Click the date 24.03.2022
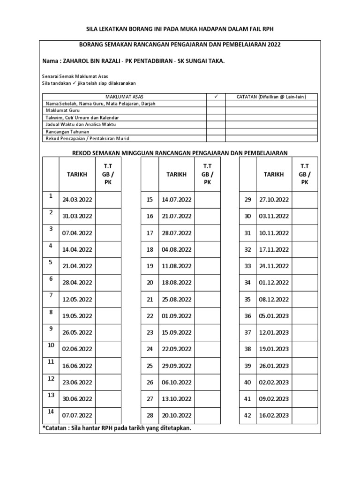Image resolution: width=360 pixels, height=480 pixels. click(77, 199)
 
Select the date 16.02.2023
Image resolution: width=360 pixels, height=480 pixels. click(274, 415)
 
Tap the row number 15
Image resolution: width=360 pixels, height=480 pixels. click(150, 199)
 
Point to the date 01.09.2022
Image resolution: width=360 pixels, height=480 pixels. click(176, 316)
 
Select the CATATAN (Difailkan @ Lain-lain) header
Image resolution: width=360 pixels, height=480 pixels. click(271, 97)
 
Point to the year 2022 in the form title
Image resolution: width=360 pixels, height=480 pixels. click(274, 45)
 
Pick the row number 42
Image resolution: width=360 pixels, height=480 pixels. click(248, 415)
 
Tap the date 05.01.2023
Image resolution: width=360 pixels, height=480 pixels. click(274, 316)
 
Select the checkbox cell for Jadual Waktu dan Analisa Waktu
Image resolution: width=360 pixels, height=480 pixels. click(216, 125)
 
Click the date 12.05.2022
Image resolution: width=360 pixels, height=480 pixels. click(77, 299)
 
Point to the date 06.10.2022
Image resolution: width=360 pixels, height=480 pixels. click(176, 382)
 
